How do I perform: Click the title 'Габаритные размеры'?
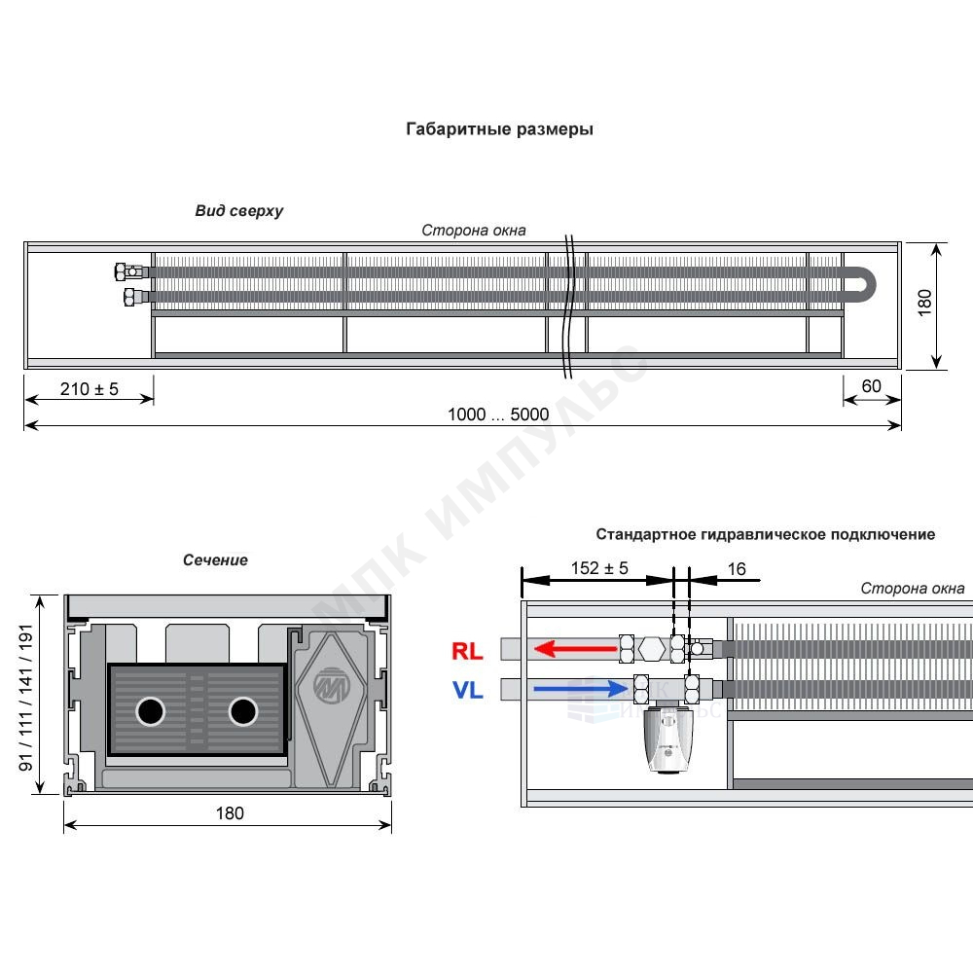499,129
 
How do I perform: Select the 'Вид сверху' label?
239,211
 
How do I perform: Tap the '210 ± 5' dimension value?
90,389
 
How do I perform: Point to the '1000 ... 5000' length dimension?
498,414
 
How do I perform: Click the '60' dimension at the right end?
871,386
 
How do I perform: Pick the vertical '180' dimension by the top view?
924,303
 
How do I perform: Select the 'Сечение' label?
215,560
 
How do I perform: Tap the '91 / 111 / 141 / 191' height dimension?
25,698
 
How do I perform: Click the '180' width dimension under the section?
230,812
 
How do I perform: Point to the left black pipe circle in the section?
150,711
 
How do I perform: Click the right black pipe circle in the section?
243,711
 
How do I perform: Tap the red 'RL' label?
467,651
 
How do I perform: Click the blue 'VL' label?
468,690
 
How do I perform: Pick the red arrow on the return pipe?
575,649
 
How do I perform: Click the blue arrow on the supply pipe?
581,688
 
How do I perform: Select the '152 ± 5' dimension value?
599,568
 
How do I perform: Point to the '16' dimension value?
737,569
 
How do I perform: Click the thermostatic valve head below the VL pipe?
667,739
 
